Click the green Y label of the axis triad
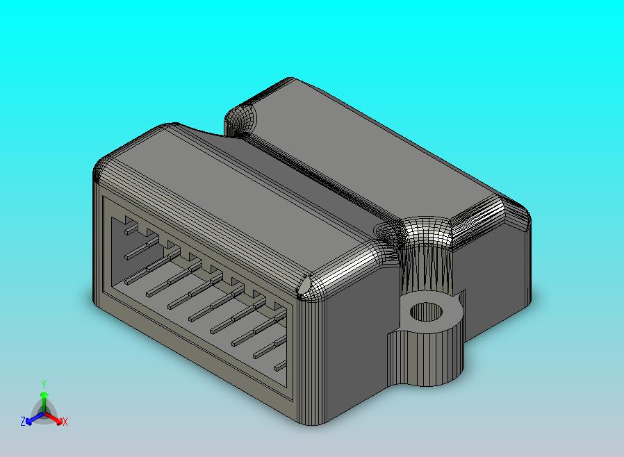click(x=44, y=384)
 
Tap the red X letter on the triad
click(x=65, y=422)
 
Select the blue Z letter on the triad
click(x=23, y=422)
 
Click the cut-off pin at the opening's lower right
click(x=280, y=365)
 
